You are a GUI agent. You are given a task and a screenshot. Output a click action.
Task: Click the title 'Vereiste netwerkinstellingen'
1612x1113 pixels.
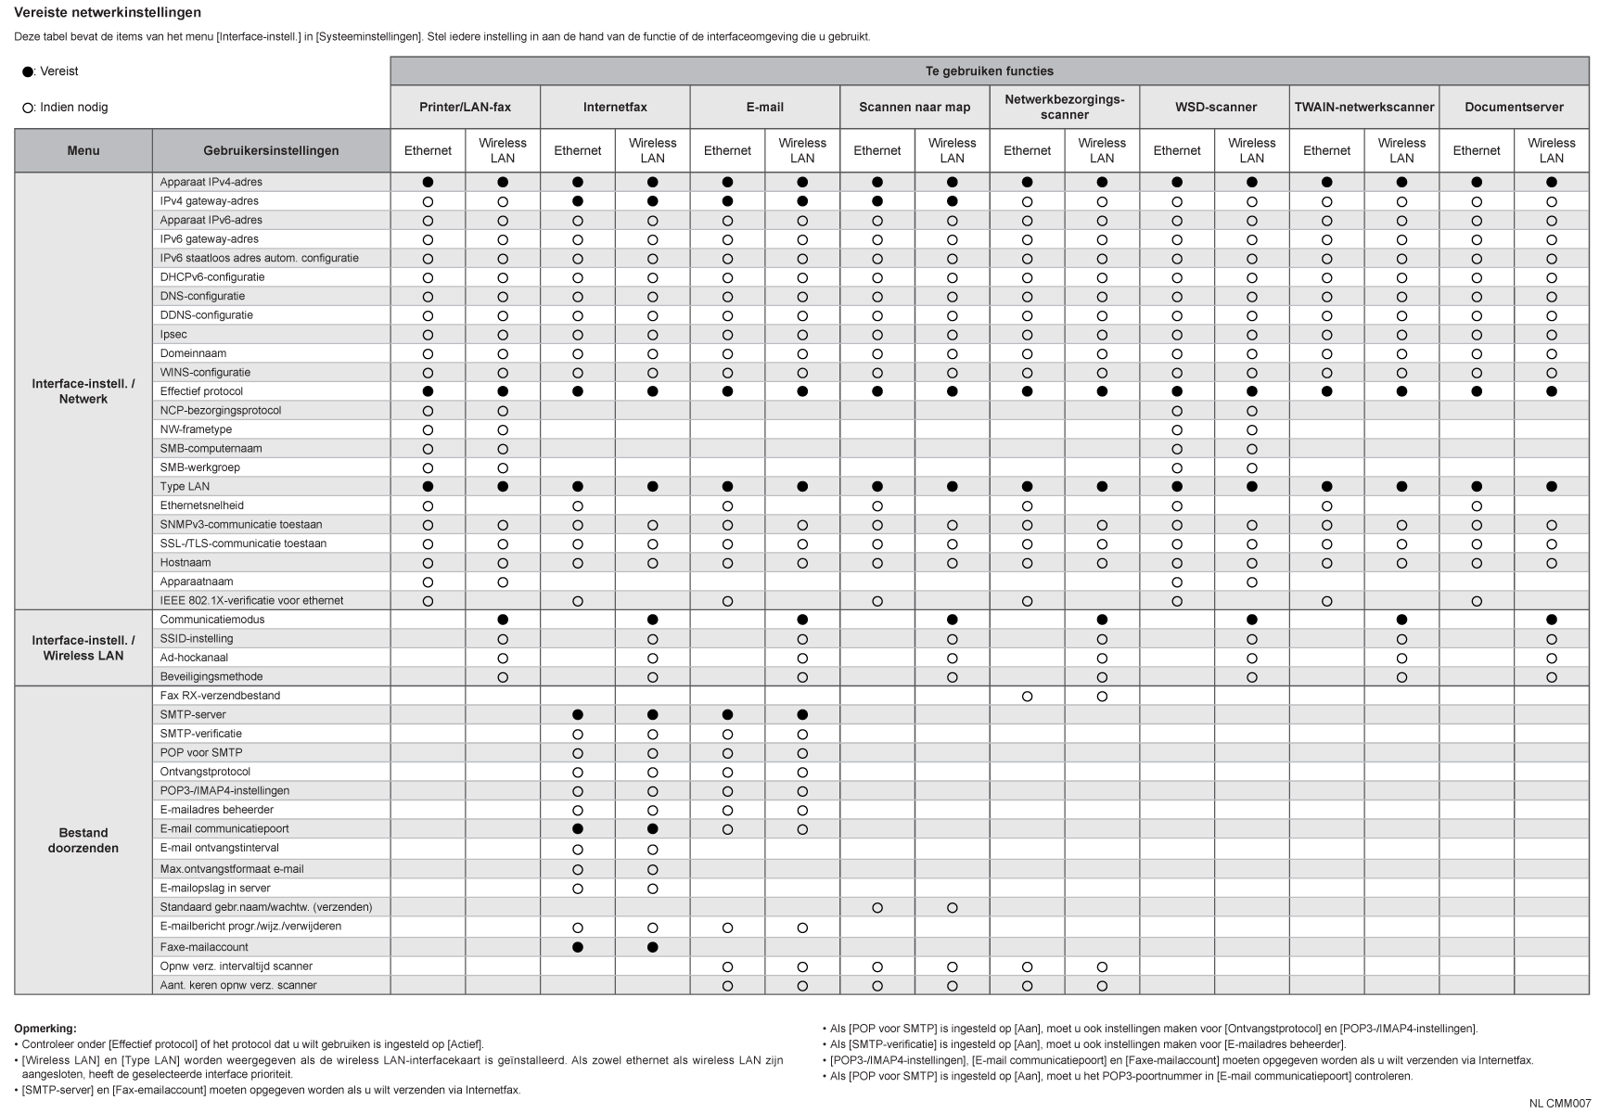108,13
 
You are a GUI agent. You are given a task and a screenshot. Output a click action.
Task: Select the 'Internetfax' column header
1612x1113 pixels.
615,108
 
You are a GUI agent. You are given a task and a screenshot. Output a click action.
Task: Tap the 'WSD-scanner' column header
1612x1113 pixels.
1215,108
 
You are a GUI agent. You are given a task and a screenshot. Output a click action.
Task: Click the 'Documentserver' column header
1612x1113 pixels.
1514,108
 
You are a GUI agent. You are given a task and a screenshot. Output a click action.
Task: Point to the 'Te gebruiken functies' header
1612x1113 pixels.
989,71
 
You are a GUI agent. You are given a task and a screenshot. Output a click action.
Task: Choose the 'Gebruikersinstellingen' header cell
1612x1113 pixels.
271,151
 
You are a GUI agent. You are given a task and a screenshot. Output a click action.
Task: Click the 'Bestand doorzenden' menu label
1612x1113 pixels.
83,840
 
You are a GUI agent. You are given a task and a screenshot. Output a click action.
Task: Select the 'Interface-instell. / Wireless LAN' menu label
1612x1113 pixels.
83,648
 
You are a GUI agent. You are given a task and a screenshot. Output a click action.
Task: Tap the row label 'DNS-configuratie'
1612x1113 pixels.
202,297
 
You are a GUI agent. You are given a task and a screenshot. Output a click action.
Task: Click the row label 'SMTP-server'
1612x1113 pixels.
193,715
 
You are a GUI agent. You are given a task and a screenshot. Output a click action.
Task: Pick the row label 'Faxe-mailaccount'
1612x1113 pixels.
204,947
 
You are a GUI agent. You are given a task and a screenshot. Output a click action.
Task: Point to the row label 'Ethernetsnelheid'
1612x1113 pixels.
201,505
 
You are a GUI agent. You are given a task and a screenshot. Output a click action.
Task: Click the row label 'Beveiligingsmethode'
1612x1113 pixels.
211,677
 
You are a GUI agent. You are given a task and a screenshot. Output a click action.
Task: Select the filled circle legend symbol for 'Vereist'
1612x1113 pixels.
28,72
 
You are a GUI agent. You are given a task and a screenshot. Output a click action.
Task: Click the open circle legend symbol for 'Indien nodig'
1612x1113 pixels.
28,109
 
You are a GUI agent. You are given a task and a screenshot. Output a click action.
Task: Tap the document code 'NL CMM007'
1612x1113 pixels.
1560,1103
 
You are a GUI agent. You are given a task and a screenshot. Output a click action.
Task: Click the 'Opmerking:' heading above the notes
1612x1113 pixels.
45,1028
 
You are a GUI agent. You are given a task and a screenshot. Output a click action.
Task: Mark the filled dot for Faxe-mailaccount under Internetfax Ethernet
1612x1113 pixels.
578,947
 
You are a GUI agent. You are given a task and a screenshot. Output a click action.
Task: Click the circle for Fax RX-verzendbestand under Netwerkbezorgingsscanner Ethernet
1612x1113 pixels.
1027,696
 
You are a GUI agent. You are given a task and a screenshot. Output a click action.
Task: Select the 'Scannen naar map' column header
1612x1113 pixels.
915,108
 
